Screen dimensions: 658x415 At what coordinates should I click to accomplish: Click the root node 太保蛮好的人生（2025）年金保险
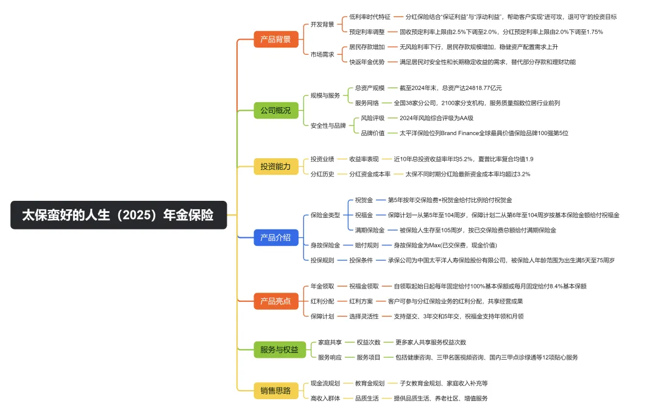(118, 215)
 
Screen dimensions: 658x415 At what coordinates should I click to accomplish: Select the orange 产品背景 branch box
(275, 40)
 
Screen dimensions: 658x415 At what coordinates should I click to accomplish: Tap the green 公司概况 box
(275, 111)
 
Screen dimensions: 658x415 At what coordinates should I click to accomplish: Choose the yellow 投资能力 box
(275, 166)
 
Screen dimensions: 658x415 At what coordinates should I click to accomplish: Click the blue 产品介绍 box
(275, 237)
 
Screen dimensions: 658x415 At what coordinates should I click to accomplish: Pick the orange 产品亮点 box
(275, 301)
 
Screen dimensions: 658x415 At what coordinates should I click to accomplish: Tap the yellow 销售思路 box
(275, 390)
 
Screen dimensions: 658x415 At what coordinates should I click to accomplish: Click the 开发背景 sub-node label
(322, 24)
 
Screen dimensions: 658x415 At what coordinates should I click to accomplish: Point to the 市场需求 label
(322, 54)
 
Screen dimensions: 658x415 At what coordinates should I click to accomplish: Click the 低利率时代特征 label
(370, 17)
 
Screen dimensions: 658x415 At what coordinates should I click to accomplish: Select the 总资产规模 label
(370, 88)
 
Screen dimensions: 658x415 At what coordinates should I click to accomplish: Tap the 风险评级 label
(373, 118)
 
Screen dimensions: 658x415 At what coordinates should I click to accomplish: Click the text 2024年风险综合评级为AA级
(436, 118)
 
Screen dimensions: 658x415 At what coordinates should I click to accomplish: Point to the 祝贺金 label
(364, 200)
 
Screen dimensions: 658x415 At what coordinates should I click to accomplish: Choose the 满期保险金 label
(370, 230)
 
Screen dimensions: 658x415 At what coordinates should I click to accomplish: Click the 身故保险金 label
(325, 245)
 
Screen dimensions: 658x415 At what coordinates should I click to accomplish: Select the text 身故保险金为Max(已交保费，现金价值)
(445, 245)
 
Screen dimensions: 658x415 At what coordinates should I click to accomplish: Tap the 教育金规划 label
(370, 383)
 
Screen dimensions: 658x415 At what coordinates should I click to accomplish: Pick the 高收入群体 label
(325, 398)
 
